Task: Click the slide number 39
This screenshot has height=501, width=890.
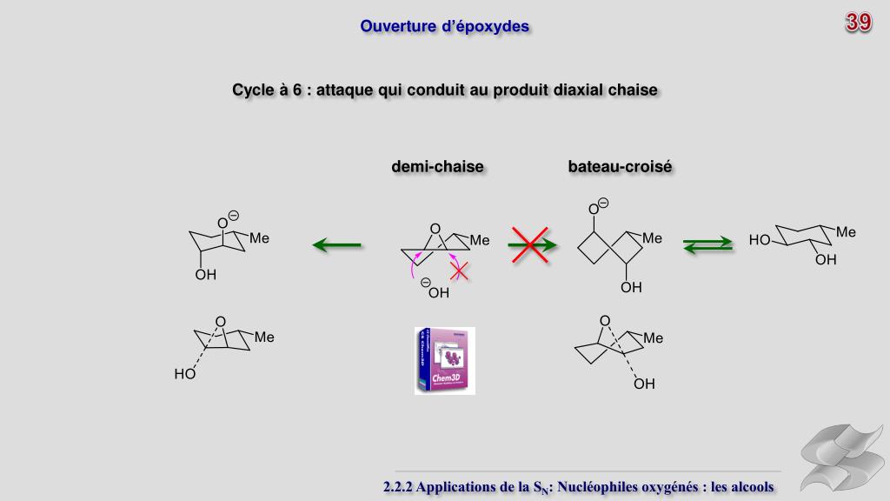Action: click(859, 23)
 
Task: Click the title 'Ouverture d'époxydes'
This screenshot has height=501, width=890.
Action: click(445, 27)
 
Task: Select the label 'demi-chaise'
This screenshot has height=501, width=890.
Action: click(437, 166)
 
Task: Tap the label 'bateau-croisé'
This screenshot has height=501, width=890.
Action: click(620, 166)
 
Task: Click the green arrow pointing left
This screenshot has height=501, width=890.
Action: click(337, 245)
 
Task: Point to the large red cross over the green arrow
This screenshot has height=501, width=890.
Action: click(529, 244)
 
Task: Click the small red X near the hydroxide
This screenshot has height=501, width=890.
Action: click(459, 271)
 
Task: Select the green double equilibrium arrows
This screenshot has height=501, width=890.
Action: click(707, 246)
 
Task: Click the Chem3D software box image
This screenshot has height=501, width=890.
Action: click(444, 360)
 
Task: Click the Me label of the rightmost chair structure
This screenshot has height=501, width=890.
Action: click(847, 232)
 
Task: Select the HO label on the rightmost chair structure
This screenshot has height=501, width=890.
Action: click(760, 240)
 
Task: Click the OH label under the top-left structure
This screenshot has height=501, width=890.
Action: click(205, 276)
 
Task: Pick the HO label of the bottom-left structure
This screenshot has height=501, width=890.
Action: click(184, 375)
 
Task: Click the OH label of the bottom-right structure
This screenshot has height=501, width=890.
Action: click(644, 383)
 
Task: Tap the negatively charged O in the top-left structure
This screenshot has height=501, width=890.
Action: click(223, 224)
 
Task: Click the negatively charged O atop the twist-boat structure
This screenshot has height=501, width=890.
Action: click(594, 209)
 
